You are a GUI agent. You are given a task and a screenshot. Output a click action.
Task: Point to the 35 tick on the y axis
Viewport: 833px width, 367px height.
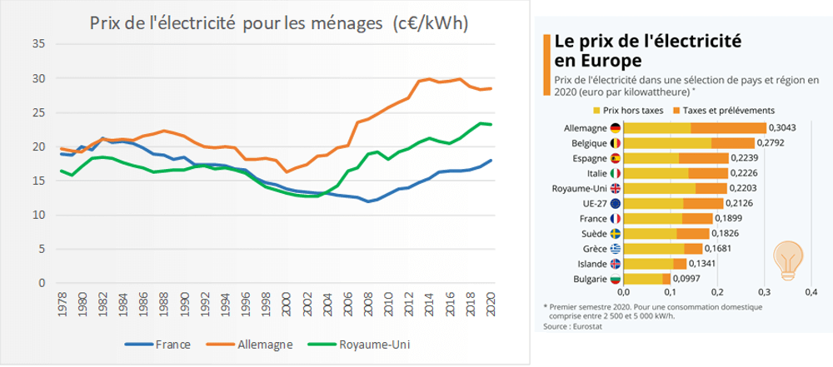tap(38, 44)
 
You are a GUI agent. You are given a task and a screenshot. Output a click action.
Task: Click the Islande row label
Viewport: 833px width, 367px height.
tap(588, 264)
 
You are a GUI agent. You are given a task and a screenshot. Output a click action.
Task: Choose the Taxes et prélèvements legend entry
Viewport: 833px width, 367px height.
tap(726, 110)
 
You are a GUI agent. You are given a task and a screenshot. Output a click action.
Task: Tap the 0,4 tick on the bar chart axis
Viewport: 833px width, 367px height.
tap(812, 292)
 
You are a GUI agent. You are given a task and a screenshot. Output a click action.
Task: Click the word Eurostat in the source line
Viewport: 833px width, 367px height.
tap(588, 326)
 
